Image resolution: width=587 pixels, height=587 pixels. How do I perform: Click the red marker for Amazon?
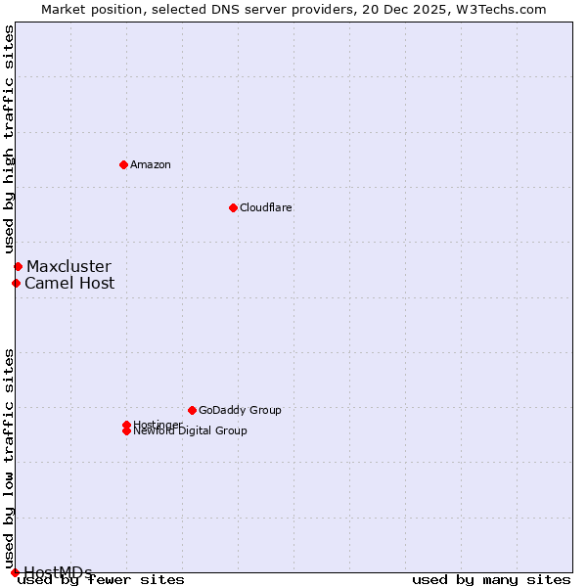[123, 164]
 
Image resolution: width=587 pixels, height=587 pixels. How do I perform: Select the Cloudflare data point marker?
[233, 207]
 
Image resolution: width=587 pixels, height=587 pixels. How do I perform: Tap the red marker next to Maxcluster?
[18, 266]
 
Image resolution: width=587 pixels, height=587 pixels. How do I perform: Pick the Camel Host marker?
[16, 284]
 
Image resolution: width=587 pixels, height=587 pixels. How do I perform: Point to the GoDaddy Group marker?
[192, 410]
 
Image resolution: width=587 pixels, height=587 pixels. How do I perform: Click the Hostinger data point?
[126, 425]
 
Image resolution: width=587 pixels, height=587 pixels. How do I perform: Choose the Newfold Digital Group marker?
[126, 431]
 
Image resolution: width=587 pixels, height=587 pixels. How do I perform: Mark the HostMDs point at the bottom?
[15, 572]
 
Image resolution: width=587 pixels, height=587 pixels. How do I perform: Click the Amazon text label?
[151, 164]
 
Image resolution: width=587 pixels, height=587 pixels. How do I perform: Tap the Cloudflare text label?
[266, 207]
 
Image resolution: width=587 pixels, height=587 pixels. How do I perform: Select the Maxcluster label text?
[68, 266]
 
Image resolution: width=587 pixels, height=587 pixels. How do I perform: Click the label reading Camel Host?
[69, 284]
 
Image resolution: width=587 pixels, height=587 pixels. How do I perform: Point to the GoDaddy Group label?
[240, 410]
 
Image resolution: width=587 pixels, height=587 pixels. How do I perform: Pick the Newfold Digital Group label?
[191, 431]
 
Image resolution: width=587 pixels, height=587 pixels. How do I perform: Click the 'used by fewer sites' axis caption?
[102, 580]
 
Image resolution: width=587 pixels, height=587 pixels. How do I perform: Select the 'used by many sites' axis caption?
[491, 580]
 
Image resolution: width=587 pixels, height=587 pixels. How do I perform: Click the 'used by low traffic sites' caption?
[9, 458]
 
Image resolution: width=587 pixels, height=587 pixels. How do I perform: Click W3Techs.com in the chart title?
[504, 9]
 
